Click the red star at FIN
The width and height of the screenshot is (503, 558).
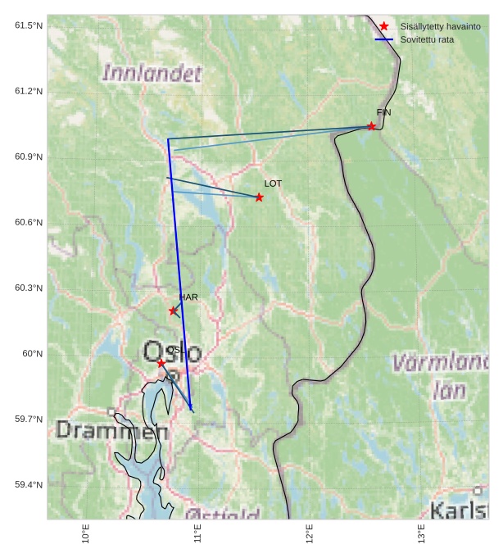click(371, 126)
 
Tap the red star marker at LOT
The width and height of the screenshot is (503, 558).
click(259, 197)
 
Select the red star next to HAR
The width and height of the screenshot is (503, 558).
click(173, 311)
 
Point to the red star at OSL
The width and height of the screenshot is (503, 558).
click(161, 362)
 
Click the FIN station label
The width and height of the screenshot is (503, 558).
click(383, 112)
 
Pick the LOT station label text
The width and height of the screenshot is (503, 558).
click(273, 184)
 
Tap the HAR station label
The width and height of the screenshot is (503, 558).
click(188, 297)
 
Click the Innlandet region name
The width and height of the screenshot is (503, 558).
click(152, 74)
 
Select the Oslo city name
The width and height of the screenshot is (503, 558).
click(172, 352)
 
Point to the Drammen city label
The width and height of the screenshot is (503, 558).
click(106, 430)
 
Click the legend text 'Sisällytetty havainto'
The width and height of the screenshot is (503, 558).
click(440, 26)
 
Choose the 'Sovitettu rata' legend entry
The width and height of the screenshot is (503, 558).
click(427, 39)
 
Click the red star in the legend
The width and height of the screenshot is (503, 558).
click(383, 26)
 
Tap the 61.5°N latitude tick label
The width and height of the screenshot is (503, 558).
click(29, 25)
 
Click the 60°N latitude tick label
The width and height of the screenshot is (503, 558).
click(32, 353)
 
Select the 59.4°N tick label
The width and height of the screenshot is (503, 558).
click(29, 484)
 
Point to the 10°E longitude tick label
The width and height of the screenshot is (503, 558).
click(86, 534)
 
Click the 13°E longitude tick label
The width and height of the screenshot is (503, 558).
click(422, 534)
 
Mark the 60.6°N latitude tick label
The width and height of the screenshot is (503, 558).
click(29, 222)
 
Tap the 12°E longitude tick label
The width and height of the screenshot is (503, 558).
click(310, 534)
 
